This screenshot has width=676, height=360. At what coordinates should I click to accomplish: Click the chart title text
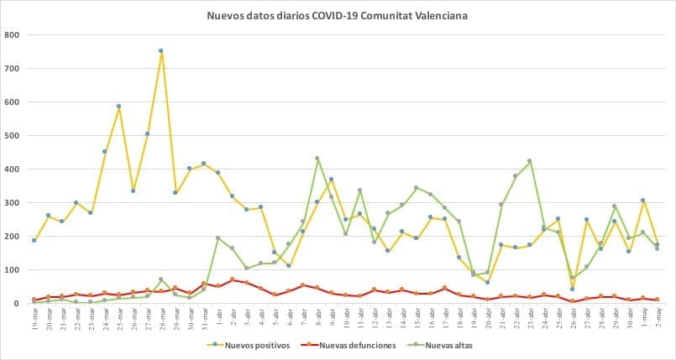point(338,15)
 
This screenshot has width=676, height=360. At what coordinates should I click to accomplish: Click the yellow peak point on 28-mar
point(160,51)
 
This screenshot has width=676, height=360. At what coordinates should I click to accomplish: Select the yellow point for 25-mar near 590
point(118,107)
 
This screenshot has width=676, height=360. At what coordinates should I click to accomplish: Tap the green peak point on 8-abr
point(317,158)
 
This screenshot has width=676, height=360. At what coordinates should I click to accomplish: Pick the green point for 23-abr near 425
point(530,161)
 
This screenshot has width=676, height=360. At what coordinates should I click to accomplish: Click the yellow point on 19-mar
point(34,241)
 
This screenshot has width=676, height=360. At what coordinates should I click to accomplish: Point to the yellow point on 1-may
point(642,201)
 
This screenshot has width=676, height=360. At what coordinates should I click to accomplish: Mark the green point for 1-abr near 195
point(217,238)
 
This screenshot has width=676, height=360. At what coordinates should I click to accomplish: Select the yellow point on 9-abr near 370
point(331,179)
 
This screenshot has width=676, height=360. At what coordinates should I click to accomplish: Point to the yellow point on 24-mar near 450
point(104,152)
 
